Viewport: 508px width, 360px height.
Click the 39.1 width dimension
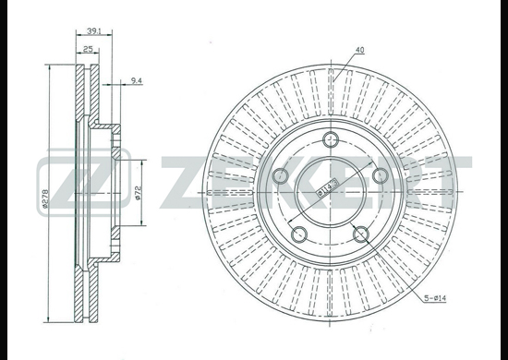point(94,30)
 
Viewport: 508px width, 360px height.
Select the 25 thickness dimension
point(88,49)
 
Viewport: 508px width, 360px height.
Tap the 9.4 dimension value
point(137,80)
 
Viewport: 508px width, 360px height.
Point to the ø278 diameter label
point(44,198)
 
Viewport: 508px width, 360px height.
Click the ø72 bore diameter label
point(138,193)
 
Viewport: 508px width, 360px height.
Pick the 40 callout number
point(359,50)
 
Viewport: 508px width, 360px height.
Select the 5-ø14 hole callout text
point(435,298)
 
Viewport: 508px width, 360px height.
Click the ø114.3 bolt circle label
point(327,188)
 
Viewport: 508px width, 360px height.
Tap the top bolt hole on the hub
point(331,140)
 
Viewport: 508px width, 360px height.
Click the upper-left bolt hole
point(281,175)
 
